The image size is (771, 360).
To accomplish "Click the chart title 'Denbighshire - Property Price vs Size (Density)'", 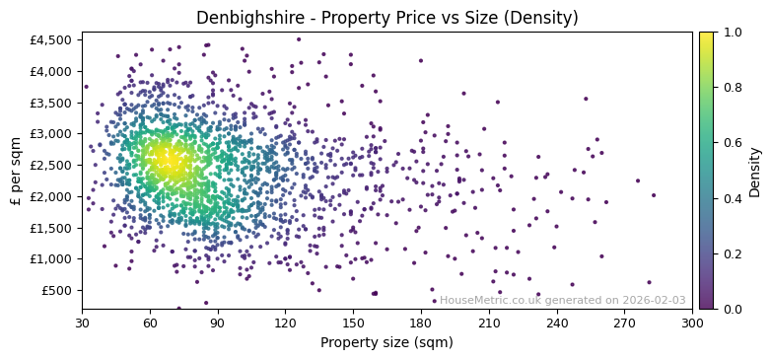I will (386, 18).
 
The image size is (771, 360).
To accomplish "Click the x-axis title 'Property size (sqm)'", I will (386, 343).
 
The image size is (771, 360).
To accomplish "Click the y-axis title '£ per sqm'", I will (16, 171).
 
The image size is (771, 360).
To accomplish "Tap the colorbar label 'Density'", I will (755, 171).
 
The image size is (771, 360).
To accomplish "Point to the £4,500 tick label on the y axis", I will (51, 40).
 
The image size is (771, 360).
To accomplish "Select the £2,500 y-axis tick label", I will (51, 165).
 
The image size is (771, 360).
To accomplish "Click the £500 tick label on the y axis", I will (57, 290).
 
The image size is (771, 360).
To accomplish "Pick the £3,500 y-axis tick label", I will (51, 103).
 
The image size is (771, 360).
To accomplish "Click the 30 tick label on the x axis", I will (82, 323).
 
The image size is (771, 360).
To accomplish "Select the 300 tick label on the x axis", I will (692, 323).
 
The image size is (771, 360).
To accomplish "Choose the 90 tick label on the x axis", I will (218, 323).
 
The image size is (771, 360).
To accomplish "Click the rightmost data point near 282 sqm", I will (649, 282).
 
